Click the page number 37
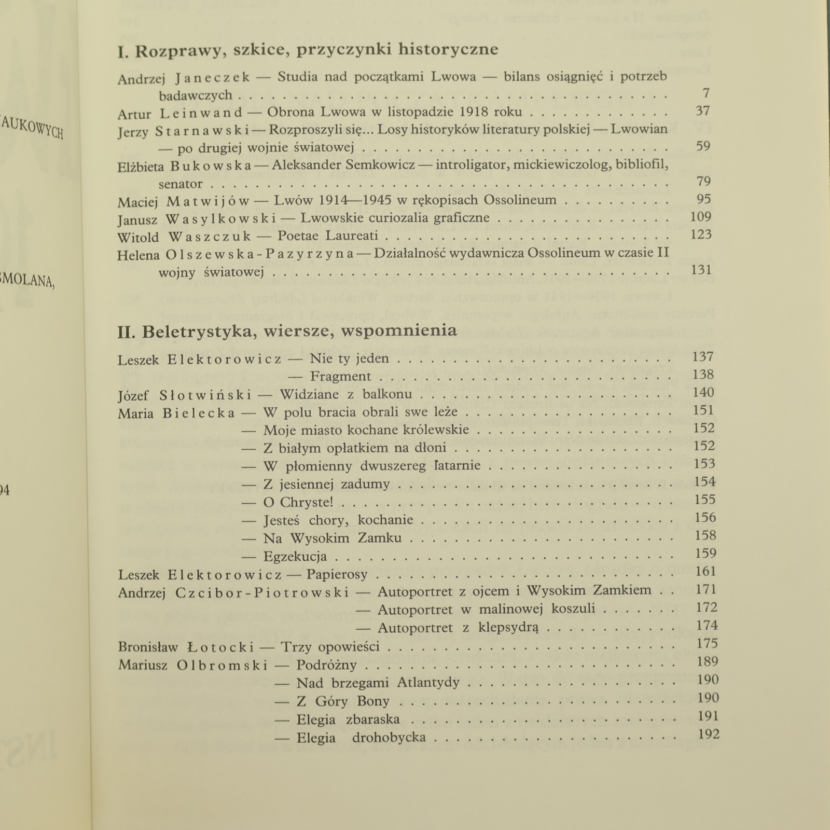[702, 111]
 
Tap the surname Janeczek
[213, 78]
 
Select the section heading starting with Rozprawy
[308, 49]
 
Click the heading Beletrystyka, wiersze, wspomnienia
[287, 331]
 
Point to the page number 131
[701, 270]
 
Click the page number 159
[705, 553]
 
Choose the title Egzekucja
[295, 557]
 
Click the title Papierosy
[337, 574]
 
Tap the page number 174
[707, 625]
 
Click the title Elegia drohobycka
[361, 737]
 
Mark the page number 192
[709, 734]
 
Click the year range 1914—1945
[355, 200]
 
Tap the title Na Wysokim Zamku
[333, 538]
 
